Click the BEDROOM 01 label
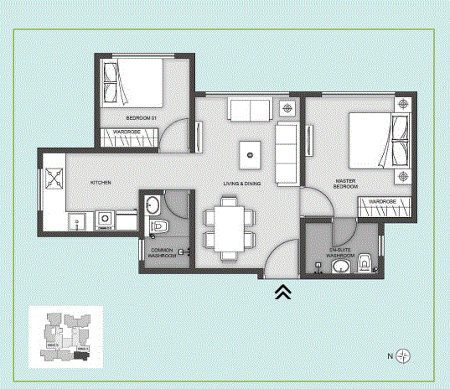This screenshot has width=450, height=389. tap(142, 117)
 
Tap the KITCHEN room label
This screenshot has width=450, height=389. tap(101, 183)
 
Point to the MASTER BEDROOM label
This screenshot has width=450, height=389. tap(346, 184)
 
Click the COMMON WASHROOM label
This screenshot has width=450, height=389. tap(163, 252)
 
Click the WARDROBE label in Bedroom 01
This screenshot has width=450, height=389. tap(127, 132)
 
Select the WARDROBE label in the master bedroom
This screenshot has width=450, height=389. tap(381, 202)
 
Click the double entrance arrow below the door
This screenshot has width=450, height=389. tap(283, 291)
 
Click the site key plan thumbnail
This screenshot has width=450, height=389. tap(66, 337)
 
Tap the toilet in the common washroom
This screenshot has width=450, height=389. tap(161, 227)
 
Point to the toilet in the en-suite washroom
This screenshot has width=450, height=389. tap(365, 265)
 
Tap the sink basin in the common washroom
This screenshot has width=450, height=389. tap(153, 205)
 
